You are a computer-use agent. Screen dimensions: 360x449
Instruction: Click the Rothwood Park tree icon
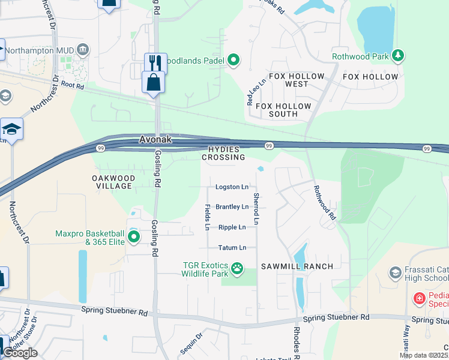point(397,56)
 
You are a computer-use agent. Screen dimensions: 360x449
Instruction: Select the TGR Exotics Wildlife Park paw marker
point(238,268)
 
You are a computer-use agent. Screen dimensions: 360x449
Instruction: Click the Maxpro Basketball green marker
point(133,238)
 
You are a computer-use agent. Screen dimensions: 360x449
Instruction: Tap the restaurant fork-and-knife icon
point(155,62)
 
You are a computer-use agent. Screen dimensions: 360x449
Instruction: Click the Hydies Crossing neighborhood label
point(223,153)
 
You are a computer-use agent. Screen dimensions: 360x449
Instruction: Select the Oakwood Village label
point(113,182)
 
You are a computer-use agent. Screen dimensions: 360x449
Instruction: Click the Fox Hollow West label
point(297,80)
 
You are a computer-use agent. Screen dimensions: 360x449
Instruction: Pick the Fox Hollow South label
point(284,110)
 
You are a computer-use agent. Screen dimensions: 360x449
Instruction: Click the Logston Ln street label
point(232,187)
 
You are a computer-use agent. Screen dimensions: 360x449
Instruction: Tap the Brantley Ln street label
point(232,207)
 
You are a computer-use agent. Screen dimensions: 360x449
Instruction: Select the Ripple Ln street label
point(232,227)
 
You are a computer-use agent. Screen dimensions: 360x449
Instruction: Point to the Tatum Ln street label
point(232,247)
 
